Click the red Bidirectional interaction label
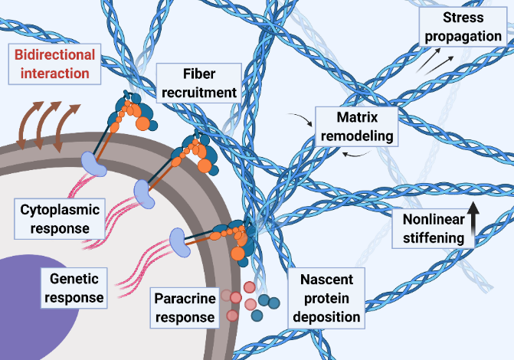tap(54, 64)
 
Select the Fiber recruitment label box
tap(198, 83)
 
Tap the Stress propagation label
tap(463, 27)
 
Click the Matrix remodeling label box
tap(357, 126)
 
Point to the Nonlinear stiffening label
tap(433, 228)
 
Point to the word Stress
tap(463, 17)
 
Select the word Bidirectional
tap(54, 54)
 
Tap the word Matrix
tap(357, 117)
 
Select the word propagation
tap(463, 36)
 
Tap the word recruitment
tap(198, 93)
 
